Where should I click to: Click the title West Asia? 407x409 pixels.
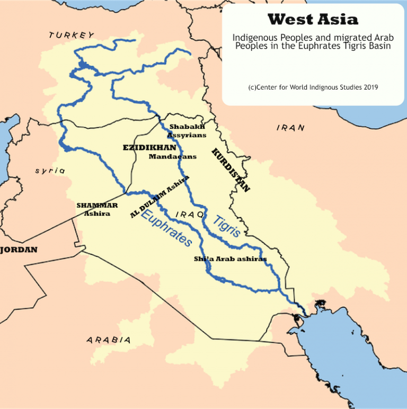[313, 20]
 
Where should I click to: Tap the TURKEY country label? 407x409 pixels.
[72, 35]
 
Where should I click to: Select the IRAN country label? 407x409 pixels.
[291, 128]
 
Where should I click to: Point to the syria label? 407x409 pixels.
[50, 171]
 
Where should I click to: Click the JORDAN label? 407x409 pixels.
[19, 250]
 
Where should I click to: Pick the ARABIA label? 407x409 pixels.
[109, 340]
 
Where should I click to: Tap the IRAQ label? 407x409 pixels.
[191, 215]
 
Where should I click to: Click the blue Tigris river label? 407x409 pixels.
[227, 226]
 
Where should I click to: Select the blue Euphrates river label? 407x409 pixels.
[167, 228]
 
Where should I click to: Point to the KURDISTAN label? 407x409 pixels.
[231, 170]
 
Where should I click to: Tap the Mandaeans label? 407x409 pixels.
[172, 157]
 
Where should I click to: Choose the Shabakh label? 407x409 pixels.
[187, 127]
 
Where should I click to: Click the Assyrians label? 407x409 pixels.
[187, 135]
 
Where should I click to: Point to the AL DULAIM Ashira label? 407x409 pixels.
[160, 197]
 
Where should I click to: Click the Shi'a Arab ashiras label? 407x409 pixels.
[230, 259]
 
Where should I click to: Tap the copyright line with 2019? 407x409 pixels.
[313, 87]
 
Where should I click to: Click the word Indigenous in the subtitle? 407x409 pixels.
[254, 38]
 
